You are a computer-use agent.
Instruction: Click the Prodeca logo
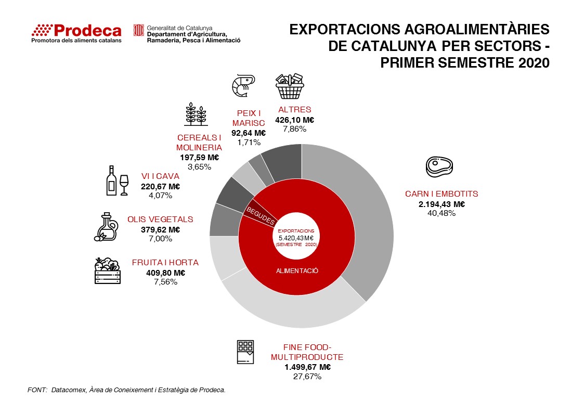tap(76, 33)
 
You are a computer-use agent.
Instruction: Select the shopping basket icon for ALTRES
tap(290, 86)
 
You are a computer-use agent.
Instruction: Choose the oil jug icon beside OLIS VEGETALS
tap(106, 227)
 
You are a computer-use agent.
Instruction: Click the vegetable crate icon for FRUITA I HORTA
tap(107, 271)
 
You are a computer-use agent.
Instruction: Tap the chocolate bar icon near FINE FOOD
tap(245, 352)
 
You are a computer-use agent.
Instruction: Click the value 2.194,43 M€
tap(442, 204)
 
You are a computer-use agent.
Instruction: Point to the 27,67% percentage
tap(307, 376)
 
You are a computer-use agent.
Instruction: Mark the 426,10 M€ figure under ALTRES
tap(295, 119)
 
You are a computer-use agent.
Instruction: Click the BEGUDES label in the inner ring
tap(260, 215)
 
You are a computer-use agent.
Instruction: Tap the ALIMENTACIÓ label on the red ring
tap(297, 271)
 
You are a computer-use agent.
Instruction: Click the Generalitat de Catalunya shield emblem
tap(139, 30)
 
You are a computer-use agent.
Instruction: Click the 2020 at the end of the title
tap(534, 62)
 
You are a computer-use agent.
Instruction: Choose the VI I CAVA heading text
tap(160, 176)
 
